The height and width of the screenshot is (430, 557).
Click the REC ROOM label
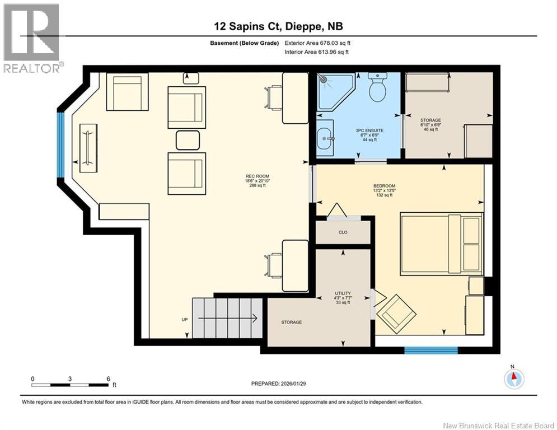257,176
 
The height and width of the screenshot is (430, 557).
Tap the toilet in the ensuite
377,87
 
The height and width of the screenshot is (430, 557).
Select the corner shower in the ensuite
336,91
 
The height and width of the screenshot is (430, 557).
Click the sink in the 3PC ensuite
325,138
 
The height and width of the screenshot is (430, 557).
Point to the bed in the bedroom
442,244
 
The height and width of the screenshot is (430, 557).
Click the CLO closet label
343,232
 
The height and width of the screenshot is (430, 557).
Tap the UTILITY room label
343,293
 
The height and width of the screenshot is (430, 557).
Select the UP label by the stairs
184,320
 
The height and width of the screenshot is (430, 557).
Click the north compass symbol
514,378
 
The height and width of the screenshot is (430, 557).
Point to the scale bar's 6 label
109,379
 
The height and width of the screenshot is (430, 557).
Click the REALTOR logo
32,38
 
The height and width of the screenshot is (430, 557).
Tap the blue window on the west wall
61,144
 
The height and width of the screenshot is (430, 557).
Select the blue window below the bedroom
431,350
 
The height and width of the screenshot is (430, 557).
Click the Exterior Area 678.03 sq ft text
317,43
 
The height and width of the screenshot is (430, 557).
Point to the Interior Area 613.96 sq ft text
316,52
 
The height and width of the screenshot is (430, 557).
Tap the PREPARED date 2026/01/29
279,384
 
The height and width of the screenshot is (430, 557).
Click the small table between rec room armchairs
188,140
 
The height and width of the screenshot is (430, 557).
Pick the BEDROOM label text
385,186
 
